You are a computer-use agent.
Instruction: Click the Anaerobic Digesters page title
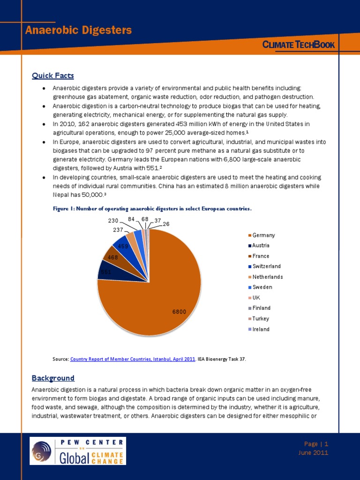point(78,30)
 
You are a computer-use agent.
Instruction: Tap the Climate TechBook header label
point(298,45)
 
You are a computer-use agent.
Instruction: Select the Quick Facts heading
point(52,75)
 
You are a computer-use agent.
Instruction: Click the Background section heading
point(53,378)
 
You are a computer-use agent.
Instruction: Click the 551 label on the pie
point(106,271)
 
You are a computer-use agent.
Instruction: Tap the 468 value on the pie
point(112,257)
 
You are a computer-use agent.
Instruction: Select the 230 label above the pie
point(113,220)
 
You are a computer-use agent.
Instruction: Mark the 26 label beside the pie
point(166,224)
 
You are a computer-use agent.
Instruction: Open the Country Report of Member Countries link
point(133,359)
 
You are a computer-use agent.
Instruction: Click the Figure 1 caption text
point(152,208)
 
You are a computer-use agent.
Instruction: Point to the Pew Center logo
point(78,451)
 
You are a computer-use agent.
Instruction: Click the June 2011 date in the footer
point(313,453)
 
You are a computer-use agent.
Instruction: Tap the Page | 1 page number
point(316,443)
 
